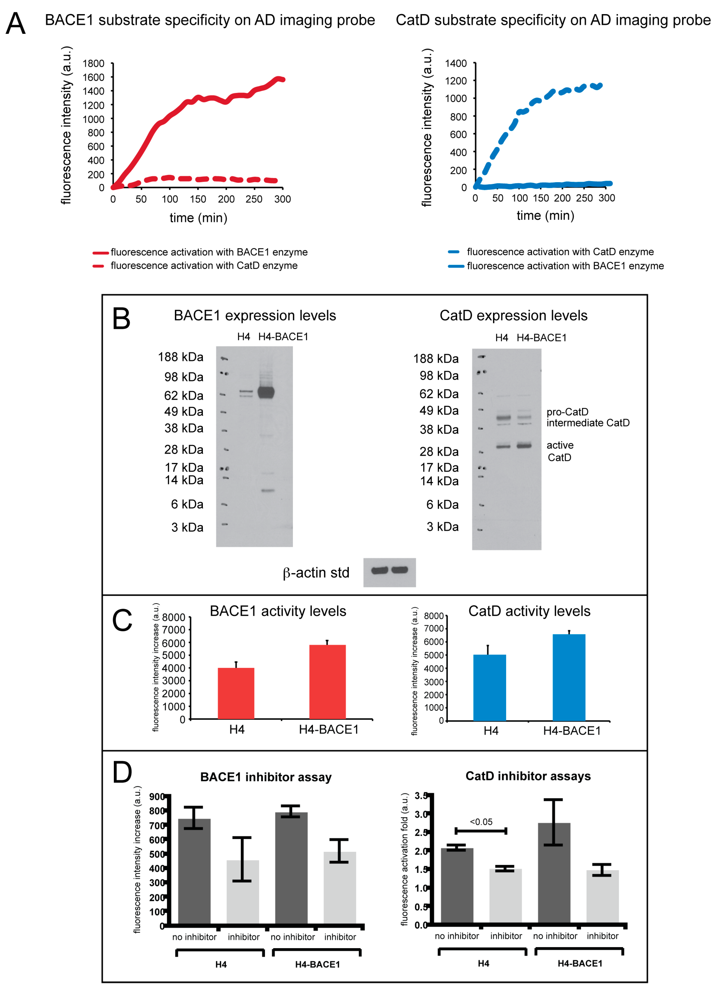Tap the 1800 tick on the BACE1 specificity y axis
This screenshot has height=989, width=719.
pos(93,64)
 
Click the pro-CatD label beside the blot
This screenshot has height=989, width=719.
pos(567,412)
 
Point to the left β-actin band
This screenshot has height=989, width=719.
pos(379,570)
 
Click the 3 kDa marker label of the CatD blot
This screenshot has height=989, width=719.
pos(442,527)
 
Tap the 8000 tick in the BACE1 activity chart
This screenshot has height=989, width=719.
pos(174,618)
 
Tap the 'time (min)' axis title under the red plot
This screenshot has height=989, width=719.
pos(199,218)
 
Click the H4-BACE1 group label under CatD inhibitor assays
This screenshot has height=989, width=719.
pos(580,963)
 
